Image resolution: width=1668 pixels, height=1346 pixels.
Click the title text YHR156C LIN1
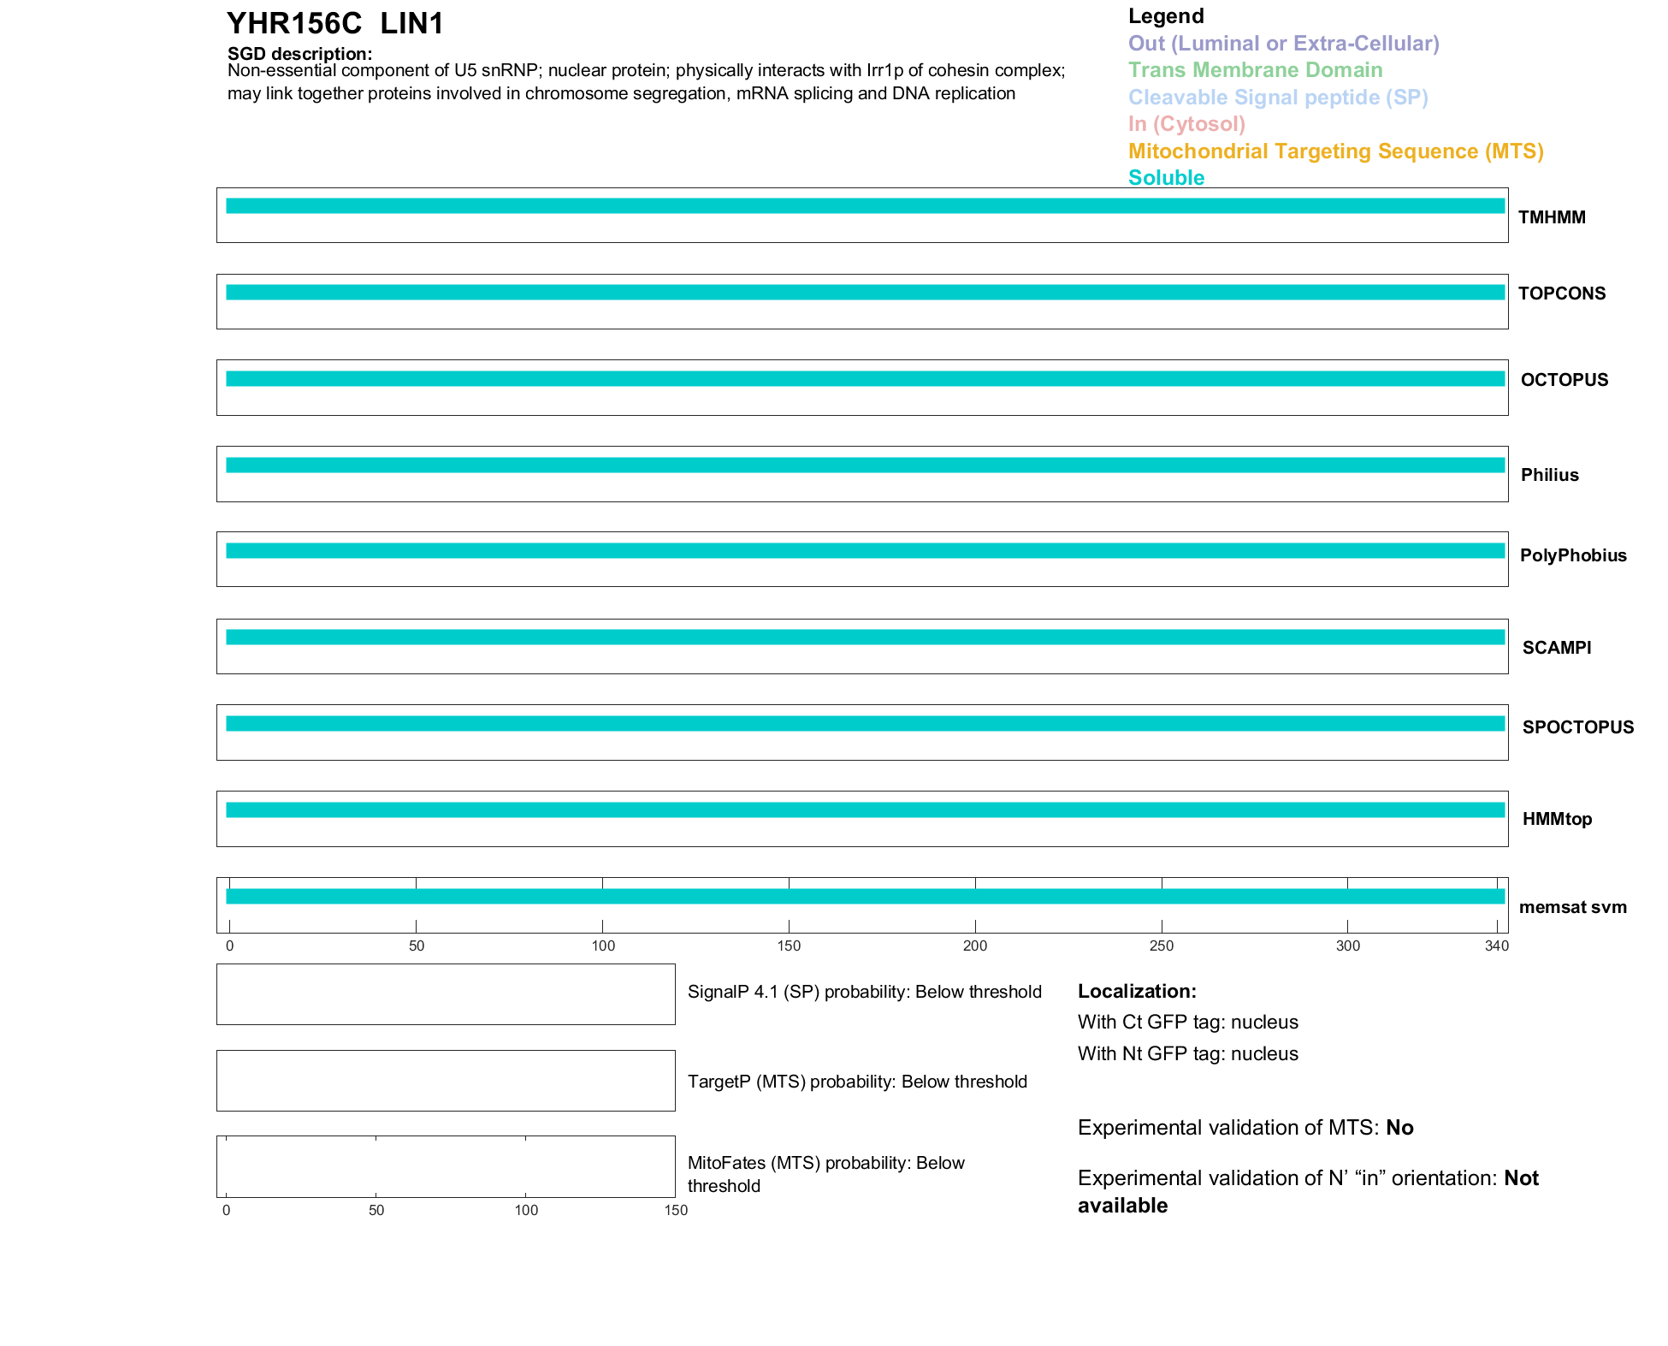(335, 24)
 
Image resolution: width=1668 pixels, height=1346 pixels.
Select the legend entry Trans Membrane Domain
(1255, 70)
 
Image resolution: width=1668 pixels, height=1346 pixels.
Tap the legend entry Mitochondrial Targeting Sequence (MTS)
(1335, 151)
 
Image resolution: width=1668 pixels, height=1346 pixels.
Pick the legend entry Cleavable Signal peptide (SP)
(1278, 98)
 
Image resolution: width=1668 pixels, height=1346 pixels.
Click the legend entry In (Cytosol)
(1186, 124)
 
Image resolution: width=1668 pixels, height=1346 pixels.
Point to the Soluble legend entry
(1166, 178)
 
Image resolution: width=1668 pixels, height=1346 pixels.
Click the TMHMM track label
(1552, 217)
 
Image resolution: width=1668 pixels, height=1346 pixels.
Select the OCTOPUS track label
(1564, 380)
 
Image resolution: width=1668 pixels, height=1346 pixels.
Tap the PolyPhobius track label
(1573, 555)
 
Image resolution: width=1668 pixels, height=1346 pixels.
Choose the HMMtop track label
(1557, 819)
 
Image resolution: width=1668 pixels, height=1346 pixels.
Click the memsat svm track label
(1572, 907)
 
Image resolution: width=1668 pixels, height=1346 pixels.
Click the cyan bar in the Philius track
(864, 465)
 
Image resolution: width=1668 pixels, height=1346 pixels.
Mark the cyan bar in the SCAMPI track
(864, 637)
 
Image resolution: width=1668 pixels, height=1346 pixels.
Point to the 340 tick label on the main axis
(1497, 946)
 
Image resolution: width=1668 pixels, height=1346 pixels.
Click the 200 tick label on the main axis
(975, 946)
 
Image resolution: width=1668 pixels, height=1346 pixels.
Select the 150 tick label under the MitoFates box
(676, 1210)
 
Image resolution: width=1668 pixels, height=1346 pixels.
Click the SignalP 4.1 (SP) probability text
(864, 992)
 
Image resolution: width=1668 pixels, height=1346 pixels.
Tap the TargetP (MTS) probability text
(857, 1082)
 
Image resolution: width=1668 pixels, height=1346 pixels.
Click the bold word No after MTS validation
(1399, 1128)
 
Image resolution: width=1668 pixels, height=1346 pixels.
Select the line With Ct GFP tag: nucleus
(1187, 1023)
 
